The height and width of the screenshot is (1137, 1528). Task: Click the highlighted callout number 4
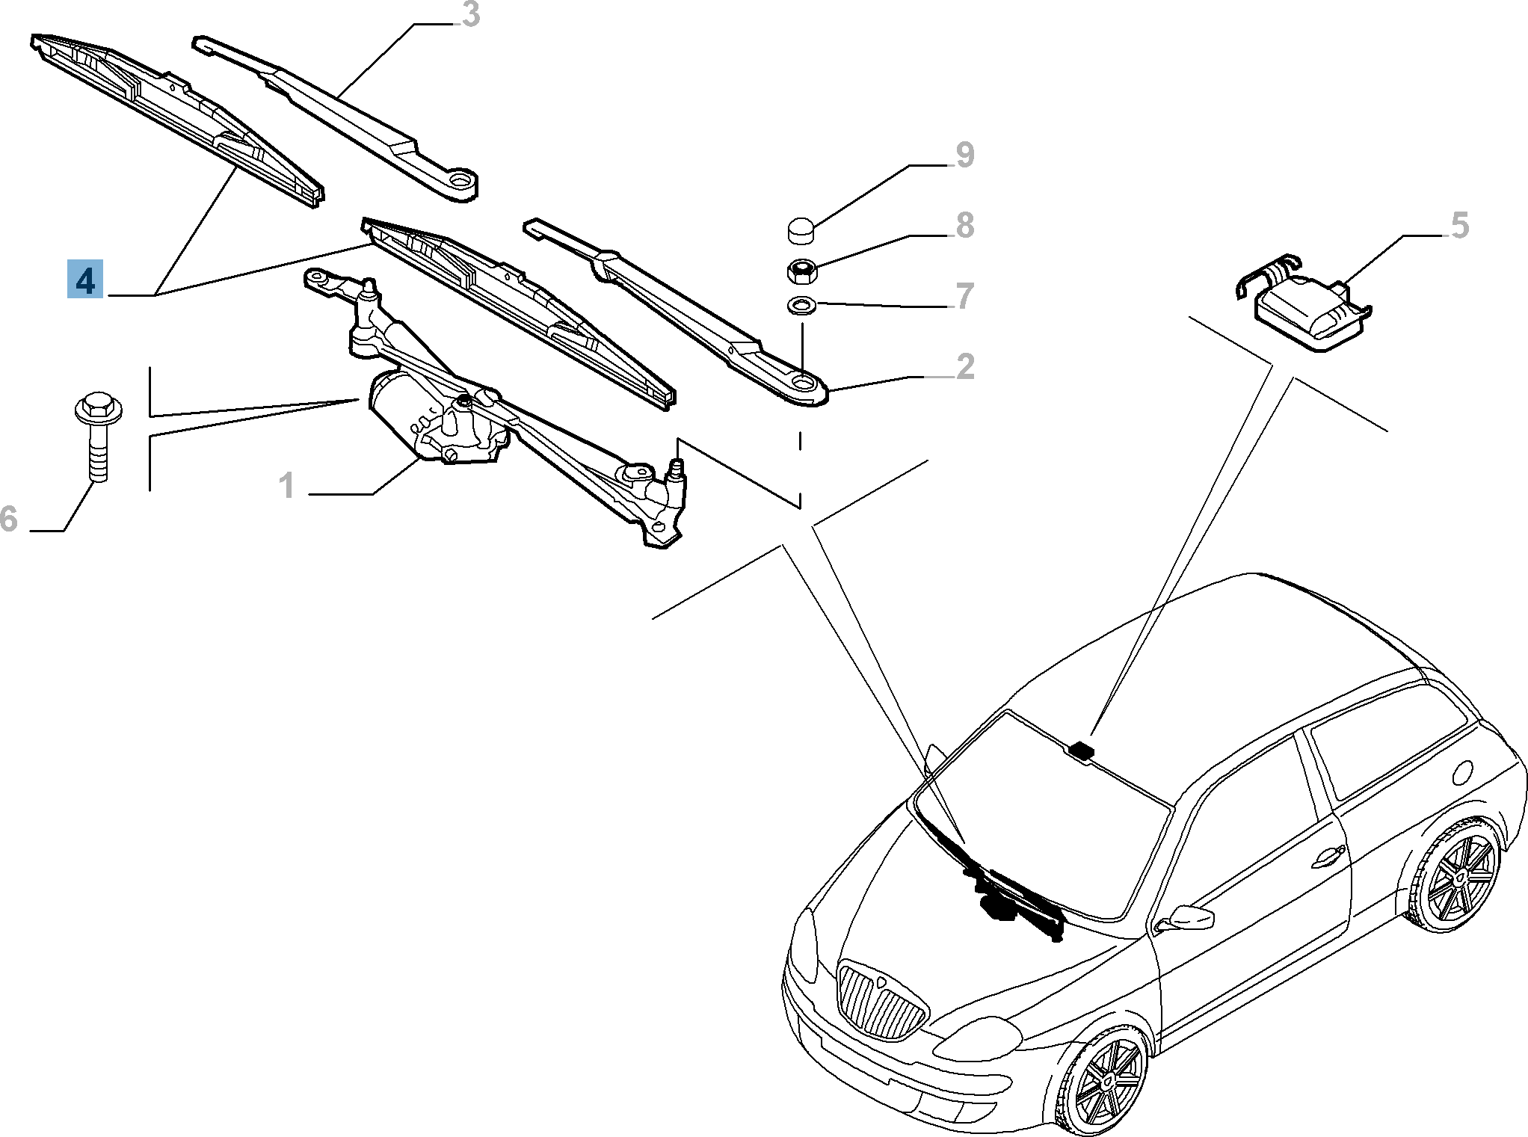85,280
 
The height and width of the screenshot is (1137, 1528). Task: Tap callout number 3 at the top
470,15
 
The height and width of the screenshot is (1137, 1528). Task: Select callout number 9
965,155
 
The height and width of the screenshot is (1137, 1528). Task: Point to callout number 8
965,225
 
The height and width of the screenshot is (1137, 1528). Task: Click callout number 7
965,296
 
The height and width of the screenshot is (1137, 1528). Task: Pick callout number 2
965,366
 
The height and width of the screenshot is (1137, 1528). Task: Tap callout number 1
288,486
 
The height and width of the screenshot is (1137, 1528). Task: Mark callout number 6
9,518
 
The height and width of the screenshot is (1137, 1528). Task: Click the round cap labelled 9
802,229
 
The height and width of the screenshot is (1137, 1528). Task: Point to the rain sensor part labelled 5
1302,310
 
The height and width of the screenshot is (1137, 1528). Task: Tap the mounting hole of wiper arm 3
460,180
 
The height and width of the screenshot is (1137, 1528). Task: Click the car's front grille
881,1000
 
